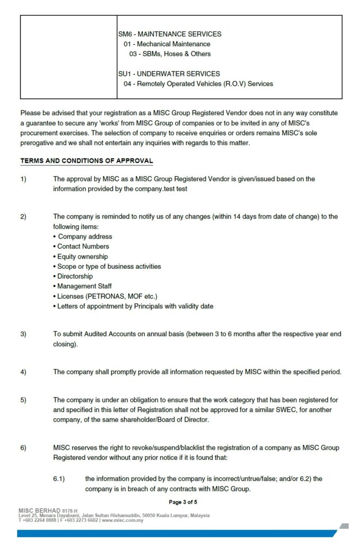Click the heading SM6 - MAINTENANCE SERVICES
(170, 34)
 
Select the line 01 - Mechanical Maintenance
(167, 44)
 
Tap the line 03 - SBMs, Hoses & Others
(170, 54)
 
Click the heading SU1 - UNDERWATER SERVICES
(169, 74)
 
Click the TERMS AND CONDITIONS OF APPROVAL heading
(86, 161)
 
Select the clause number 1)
(23, 179)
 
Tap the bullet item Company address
(85, 237)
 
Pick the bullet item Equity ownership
(82, 256)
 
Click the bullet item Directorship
(75, 276)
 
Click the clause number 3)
(23, 334)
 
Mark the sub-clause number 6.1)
(59, 479)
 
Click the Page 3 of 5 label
(183, 502)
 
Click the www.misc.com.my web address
(122, 520)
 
